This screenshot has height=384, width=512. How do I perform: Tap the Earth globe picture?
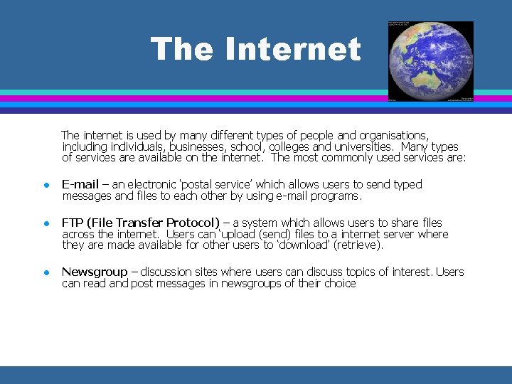430,61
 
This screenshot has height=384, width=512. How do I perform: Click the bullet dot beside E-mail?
44,185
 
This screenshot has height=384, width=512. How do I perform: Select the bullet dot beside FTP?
44,223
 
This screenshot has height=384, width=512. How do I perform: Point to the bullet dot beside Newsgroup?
44,272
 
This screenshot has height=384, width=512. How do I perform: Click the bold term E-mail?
80,185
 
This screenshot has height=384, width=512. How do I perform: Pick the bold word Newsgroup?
95,272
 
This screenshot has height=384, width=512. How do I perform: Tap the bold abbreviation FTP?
72,223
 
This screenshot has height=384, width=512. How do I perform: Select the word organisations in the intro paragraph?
394,135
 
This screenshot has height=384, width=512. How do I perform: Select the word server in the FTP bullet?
399,235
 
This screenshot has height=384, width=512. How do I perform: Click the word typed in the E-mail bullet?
407,185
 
